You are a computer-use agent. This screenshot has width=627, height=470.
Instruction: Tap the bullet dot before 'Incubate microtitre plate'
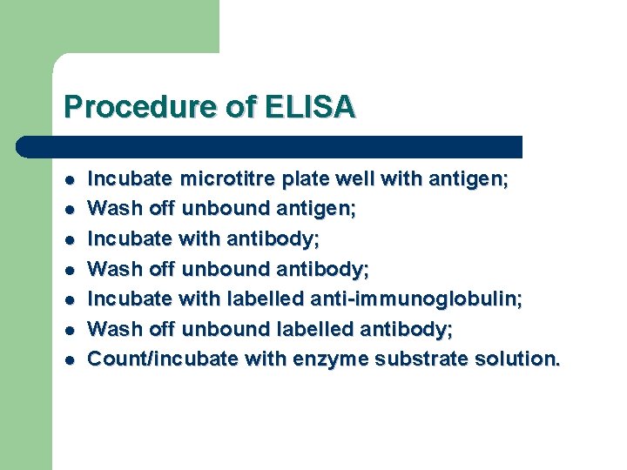69,181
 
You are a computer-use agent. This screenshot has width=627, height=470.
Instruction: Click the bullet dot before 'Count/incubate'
69,359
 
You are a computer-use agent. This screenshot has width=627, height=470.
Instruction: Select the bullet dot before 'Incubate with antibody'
69,240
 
